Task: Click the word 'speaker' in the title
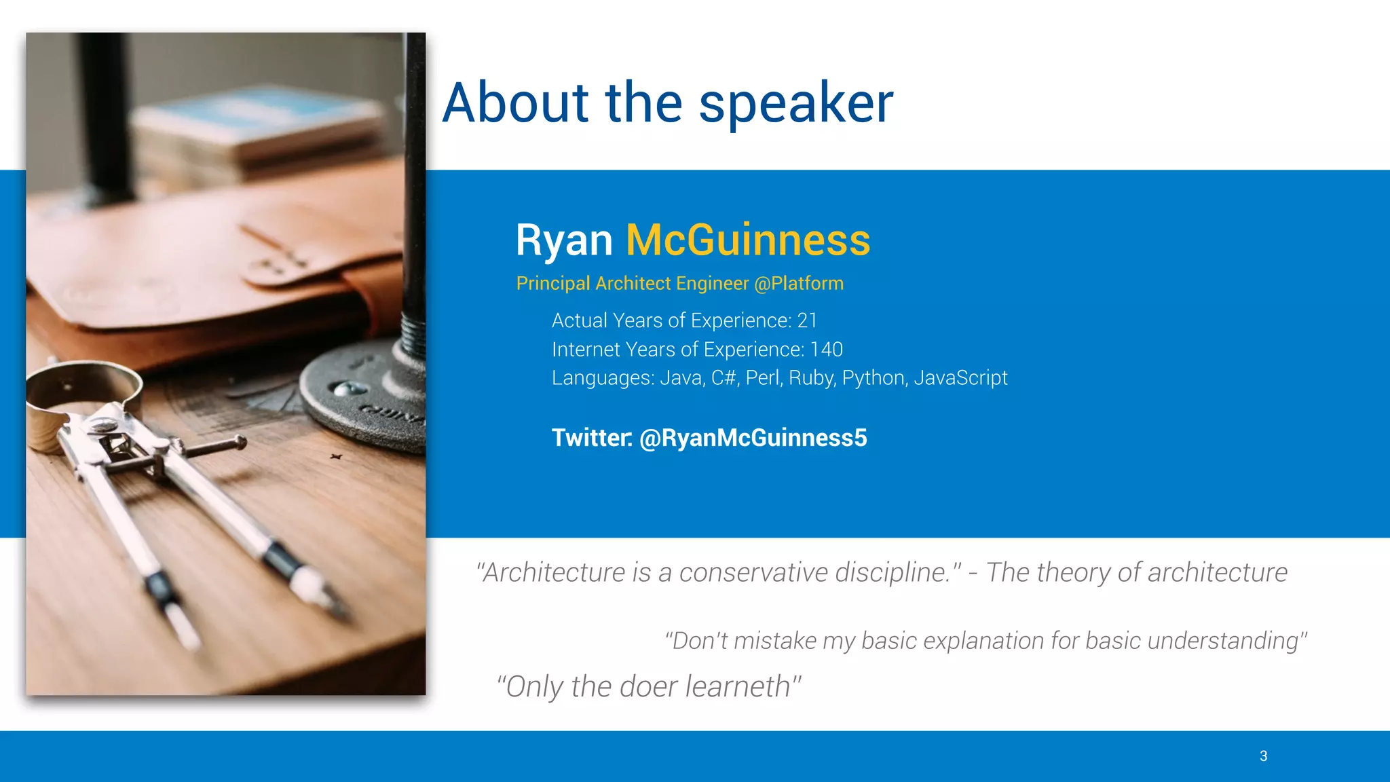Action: click(795, 103)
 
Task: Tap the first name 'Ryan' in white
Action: click(563, 240)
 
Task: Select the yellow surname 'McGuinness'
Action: click(747, 240)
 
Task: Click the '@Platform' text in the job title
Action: click(799, 283)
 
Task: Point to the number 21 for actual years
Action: click(807, 320)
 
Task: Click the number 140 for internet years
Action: click(826, 350)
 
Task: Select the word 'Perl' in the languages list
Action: click(763, 378)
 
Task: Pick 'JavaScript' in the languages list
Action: click(960, 378)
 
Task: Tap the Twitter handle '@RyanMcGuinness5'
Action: click(753, 438)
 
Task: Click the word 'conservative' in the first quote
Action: click(753, 572)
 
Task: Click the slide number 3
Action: click(1263, 756)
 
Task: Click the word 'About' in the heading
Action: click(516, 103)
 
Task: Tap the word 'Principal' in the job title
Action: click(552, 283)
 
